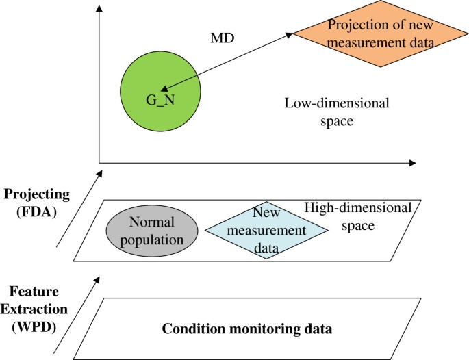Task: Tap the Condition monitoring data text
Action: (247, 329)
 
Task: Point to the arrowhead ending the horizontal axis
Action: (411, 163)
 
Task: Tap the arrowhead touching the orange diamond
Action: (290, 34)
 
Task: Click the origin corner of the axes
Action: (100, 163)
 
